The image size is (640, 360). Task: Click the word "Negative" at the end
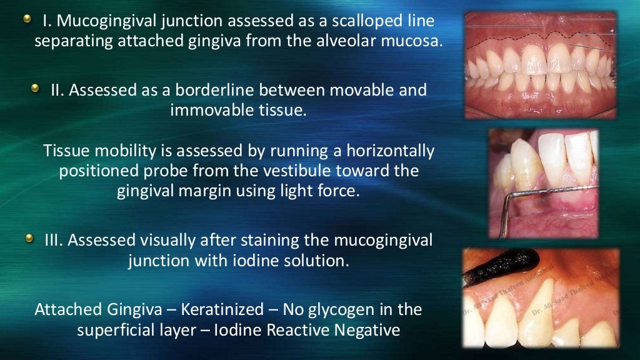pos(369,330)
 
